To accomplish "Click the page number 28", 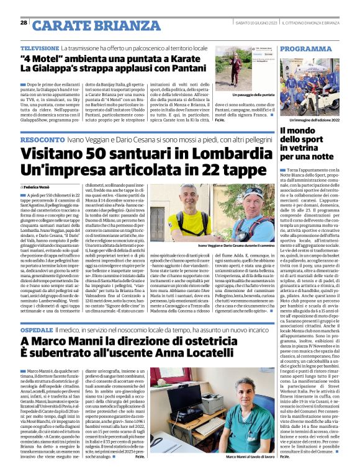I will tap(23, 22).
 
